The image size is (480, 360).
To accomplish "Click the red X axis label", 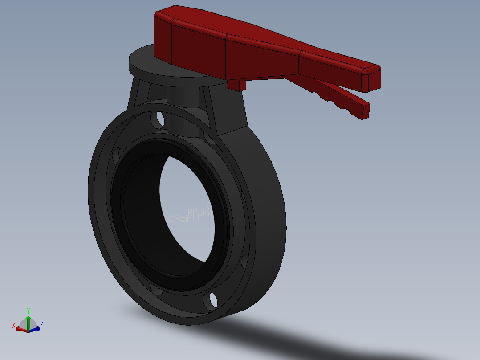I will coord(14,325).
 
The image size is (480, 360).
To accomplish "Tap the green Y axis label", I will coord(28,311).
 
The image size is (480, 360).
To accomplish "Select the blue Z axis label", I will coord(41,324).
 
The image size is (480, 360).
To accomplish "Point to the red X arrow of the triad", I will coord(20,330).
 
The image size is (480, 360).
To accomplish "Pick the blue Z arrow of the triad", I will coord(35,329).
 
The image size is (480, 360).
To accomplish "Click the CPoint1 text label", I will coord(183,219).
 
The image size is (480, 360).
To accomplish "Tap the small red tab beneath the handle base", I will coord(236,85).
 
